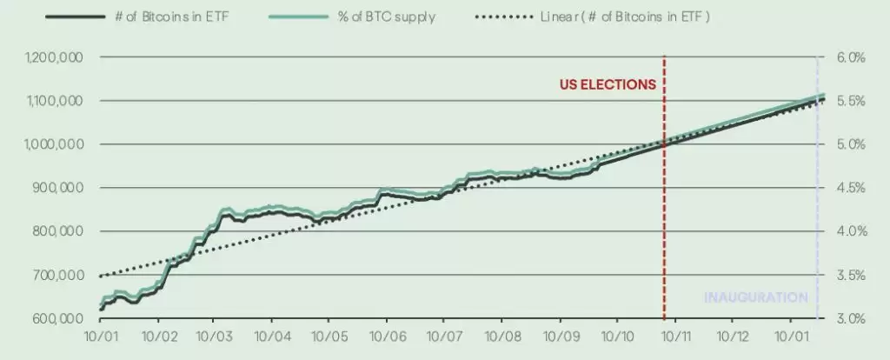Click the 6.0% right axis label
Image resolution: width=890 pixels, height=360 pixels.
point(852,57)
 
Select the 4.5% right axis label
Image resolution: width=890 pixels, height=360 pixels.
point(852,188)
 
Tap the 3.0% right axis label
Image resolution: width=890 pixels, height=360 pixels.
point(852,318)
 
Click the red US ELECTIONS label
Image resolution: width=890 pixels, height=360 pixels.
point(607,85)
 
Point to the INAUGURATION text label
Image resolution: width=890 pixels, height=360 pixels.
point(756,297)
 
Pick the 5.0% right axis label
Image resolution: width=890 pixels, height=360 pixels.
point(852,144)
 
